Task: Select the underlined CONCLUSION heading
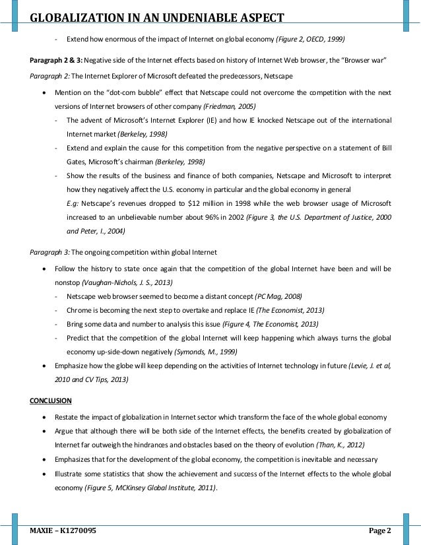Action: (51, 401)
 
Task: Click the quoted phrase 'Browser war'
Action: (361, 61)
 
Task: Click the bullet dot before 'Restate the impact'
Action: (44, 418)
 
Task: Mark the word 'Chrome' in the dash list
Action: (79, 310)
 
